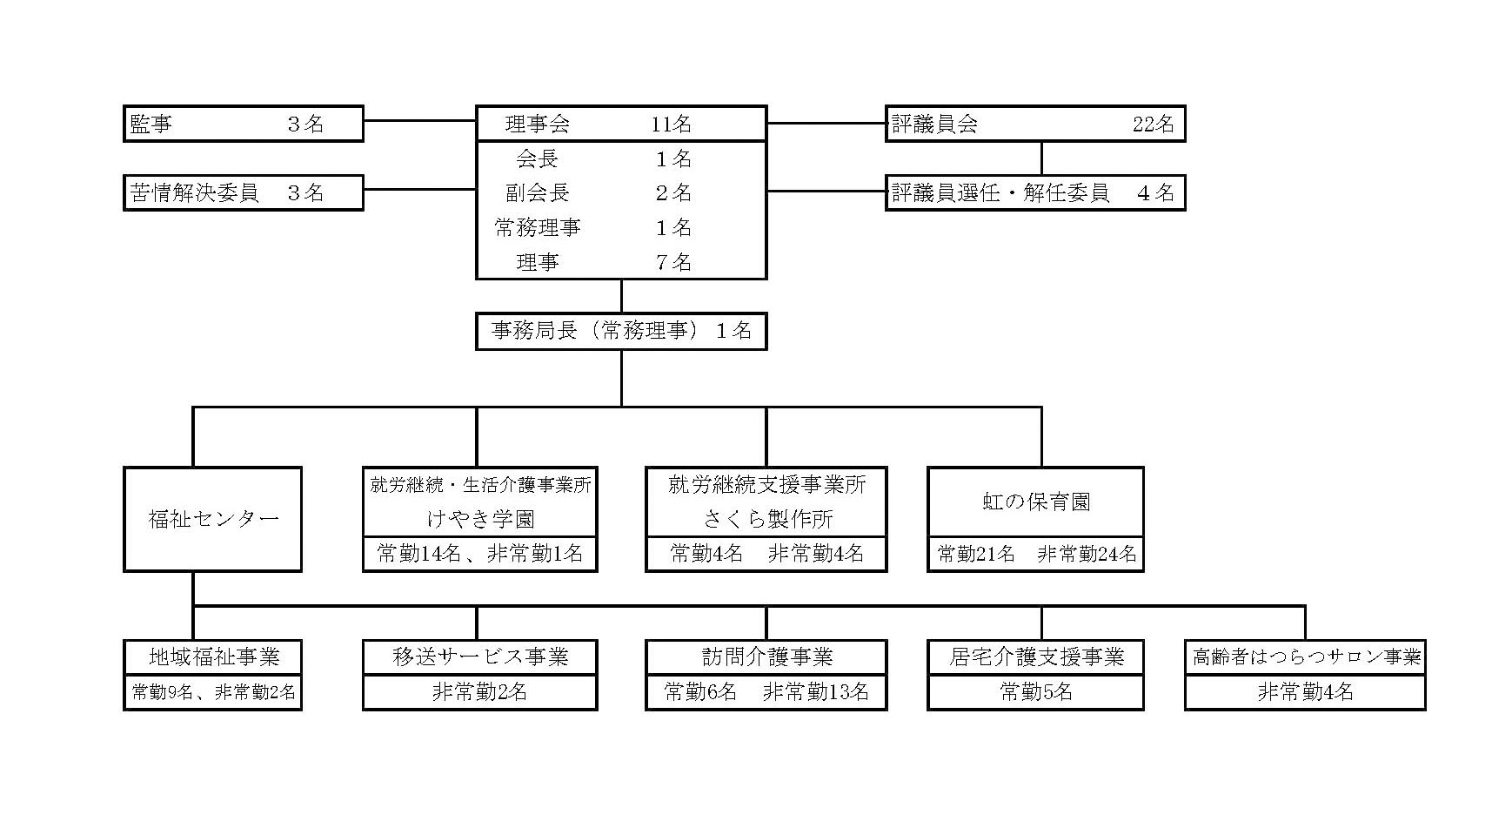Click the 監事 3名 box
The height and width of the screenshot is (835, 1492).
pyautogui.click(x=243, y=124)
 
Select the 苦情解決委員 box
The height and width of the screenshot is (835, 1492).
pyautogui.click(x=243, y=192)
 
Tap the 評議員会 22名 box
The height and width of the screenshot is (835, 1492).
pyautogui.click(x=1035, y=124)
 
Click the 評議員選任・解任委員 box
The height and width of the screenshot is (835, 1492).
pyautogui.click(x=1035, y=192)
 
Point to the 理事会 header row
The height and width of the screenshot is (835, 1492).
pyautogui.click(x=621, y=124)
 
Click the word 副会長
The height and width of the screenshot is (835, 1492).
pyautogui.click(x=538, y=192)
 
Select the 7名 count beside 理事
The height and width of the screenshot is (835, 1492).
pyautogui.click(x=673, y=262)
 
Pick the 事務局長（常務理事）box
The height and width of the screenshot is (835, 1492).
pyautogui.click(x=621, y=331)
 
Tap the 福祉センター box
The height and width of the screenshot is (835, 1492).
pyautogui.click(x=213, y=519)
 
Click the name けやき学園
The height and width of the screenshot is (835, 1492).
pyautogui.click(x=480, y=519)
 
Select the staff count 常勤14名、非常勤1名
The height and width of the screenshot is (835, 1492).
pyautogui.click(x=480, y=554)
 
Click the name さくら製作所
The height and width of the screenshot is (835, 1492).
pyautogui.click(x=767, y=519)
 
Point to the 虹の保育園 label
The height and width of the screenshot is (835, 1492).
pyautogui.click(x=1036, y=502)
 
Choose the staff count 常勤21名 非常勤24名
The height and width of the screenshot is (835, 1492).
pyautogui.click(x=1036, y=554)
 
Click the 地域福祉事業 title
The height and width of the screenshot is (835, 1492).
pyautogui.click(x=214, y=657)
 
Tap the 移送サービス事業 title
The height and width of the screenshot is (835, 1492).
pyautogui.click(x=480, y=657)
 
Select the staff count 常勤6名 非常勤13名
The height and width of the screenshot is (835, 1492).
pyautogui.click(x=766, y=692)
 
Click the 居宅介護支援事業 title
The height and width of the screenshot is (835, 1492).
pyautogui.click(x=1036, y=657)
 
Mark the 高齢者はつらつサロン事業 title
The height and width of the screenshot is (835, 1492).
pyautogui.click(x=1306, y=657)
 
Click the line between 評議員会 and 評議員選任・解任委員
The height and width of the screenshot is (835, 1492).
pyautogui.click(x=1042, y=158)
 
